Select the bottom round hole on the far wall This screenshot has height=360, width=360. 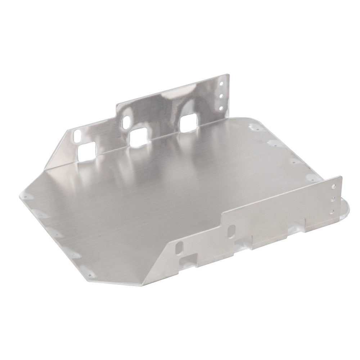221,107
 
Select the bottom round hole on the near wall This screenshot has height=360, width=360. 332,211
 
